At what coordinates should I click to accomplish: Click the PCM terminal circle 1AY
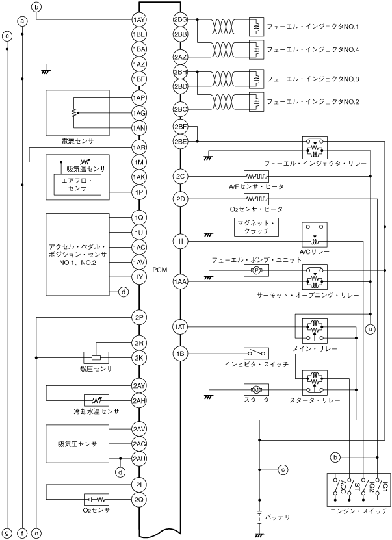click(x=139, y=19)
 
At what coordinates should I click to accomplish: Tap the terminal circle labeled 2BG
click(x=181, y=19)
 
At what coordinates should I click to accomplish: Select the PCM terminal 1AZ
click(x=139, y=64)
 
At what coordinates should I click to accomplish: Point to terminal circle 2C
click(x=181, y=177)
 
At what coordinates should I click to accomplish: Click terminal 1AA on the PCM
click(x=181, y=282)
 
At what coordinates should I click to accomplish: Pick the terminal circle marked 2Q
click(x=139, y=499)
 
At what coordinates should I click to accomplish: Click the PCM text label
click(x=159, y=270)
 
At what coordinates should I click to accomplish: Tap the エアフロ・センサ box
click(x=77, y=185)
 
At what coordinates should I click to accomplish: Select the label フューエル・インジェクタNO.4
click(x=313, y=49)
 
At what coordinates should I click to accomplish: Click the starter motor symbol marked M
click(x=256, y=389)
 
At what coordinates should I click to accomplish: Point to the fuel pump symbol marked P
click(x=256, y=271)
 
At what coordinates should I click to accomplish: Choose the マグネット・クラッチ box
click(x=256, y=227)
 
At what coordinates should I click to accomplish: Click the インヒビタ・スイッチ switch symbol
click(x=256, y=354)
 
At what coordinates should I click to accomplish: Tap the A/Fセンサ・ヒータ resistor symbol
click(x=256, y=177)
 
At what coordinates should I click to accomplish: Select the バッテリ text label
click(x=278, y=517)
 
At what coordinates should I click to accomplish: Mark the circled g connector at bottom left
click(x=7, y=534)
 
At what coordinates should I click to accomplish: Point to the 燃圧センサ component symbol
click(x=96, y=357)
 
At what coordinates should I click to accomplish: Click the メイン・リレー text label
click(x=315, y=348)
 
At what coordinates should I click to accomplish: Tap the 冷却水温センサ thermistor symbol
click(x=96, y=400)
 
